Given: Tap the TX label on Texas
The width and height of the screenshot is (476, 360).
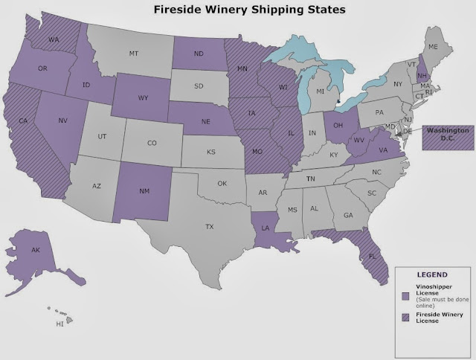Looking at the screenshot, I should [210, 226].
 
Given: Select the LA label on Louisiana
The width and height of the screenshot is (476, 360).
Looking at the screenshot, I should [266, 229].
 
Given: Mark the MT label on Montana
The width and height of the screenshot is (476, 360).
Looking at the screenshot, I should [134, 54].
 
